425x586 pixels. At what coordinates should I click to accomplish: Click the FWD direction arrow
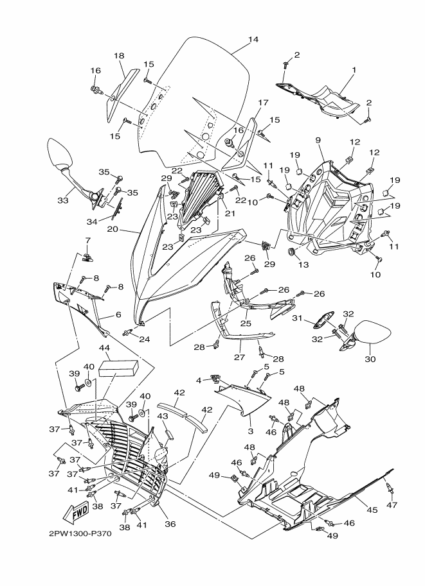coord(76,513)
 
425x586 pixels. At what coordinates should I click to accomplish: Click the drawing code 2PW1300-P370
coord(80,533)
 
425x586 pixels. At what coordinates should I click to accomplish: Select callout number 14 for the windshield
coord(253,39)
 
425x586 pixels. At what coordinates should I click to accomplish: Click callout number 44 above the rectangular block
coord(104,348)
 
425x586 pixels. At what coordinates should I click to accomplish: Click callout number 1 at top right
coord(354,70)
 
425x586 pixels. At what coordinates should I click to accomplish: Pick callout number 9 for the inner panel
coord(318,140)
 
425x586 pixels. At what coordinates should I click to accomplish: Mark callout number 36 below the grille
coord(170,524)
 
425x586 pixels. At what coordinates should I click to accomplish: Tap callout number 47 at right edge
coord(392,505)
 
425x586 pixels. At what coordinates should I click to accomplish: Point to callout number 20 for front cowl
coord(113,228)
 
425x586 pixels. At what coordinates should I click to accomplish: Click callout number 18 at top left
coord(119,56)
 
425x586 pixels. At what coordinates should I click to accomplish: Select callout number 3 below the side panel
coord(251,431)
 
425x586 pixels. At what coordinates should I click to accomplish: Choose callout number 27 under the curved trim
coord(240,357)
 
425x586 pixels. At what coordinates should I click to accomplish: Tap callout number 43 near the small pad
coord(162,416)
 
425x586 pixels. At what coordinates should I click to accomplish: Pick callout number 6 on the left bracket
coord(118,315)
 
